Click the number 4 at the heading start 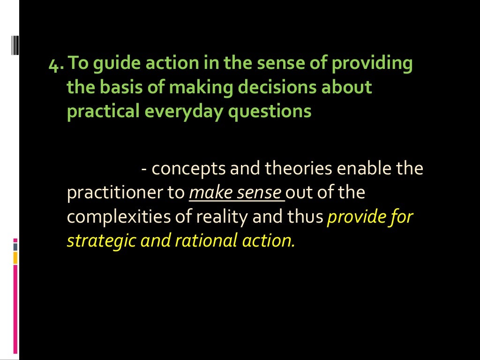53,64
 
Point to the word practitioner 119,193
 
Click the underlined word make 209,193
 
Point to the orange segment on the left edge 15,258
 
